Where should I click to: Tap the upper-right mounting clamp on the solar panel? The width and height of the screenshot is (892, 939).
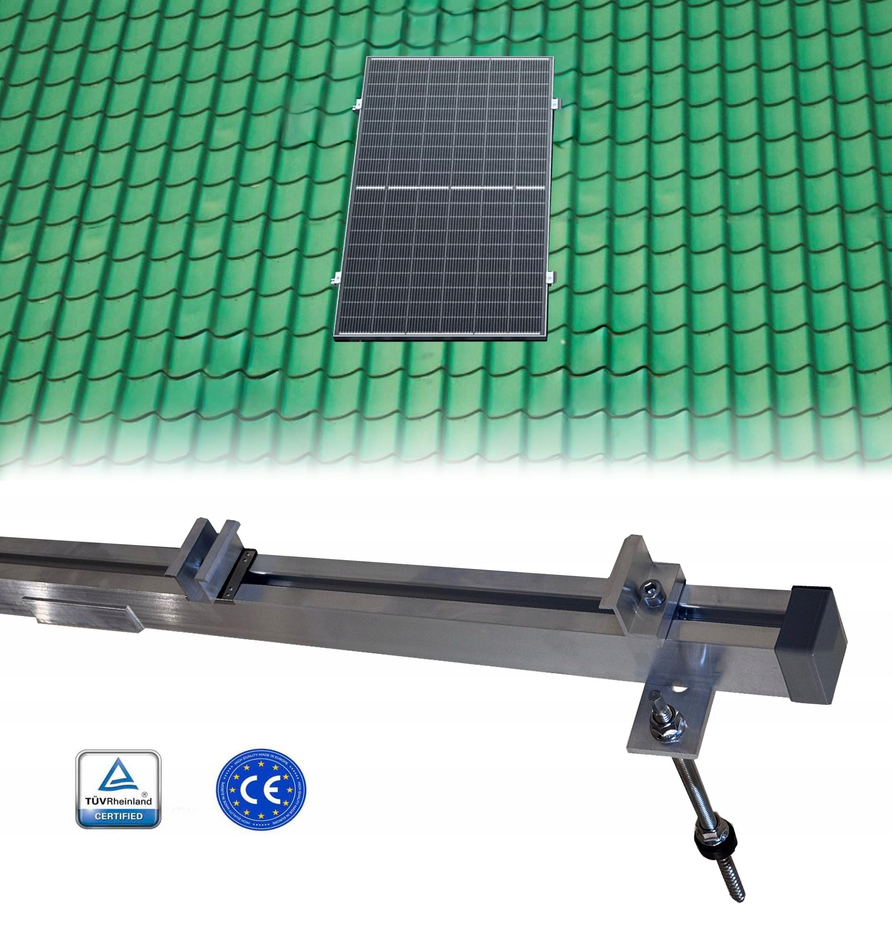[x=556, y=103]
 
